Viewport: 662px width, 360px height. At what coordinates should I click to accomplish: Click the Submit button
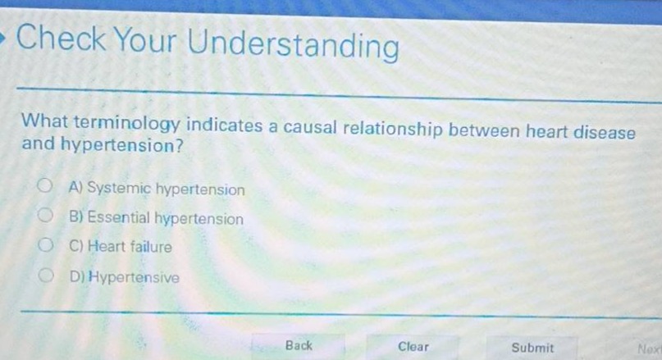click(532, 347)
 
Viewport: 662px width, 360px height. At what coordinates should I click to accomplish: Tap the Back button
click(299, 345)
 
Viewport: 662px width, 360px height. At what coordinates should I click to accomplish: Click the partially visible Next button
click(649, 348)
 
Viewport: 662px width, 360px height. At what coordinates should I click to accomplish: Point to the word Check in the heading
click(62, 39)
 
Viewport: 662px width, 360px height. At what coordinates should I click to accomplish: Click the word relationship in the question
click(392, 130)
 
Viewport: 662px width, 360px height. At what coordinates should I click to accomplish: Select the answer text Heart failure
click(130, 246)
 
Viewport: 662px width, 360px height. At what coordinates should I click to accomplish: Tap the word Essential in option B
click(119, 217)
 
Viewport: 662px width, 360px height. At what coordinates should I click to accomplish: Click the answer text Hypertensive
click(134, 277)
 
